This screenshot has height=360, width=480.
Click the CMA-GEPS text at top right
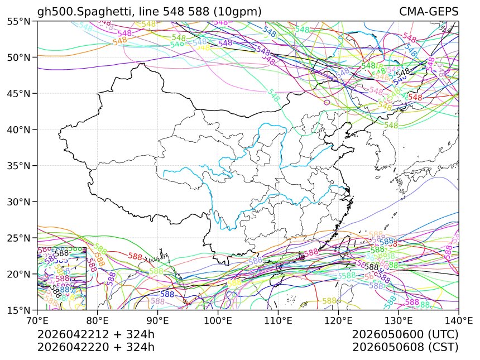point(429,12)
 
